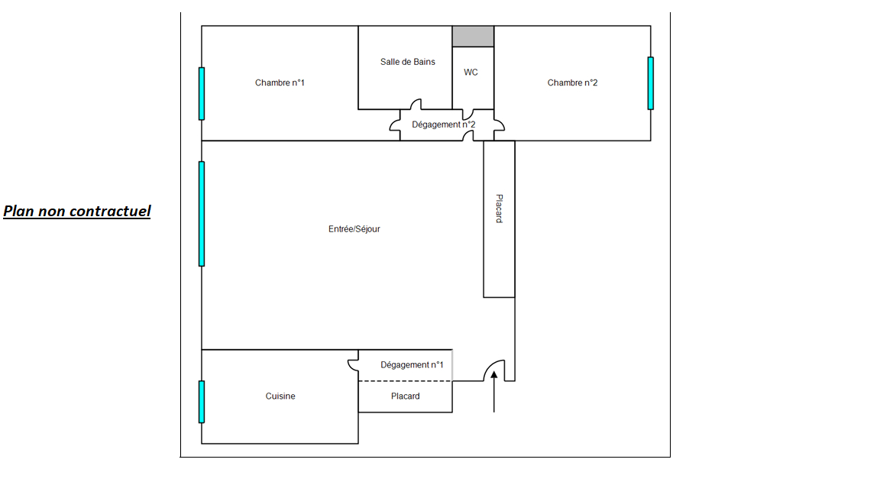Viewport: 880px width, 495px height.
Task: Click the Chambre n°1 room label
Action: coord(280,82)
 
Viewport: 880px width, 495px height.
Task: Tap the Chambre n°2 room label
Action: coord(572,82)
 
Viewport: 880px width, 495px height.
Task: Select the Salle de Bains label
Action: coord(408,62)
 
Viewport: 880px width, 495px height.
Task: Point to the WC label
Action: coord(471,73)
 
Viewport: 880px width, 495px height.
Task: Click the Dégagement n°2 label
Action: coord(443,125)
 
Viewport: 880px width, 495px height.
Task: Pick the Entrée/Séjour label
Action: coord(354,229)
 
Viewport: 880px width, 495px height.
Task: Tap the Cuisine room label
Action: coord(280,396)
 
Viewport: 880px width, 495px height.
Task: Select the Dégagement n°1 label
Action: coord(412,365)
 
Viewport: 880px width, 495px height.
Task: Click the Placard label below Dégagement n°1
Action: coord(405,396)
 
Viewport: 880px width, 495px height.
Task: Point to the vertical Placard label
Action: coord(499,209)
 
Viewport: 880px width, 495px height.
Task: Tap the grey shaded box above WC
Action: coord(473,36)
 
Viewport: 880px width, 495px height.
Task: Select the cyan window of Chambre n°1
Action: coord(202,93)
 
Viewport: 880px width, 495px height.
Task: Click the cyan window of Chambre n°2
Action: coord(651,82)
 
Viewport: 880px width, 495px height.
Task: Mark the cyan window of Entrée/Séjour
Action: coord(202,213)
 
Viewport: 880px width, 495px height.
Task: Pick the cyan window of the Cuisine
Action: coord(202,401)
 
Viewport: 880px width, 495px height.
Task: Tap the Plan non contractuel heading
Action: coord(77,211)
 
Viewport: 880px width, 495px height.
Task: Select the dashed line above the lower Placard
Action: coord(405,381)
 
